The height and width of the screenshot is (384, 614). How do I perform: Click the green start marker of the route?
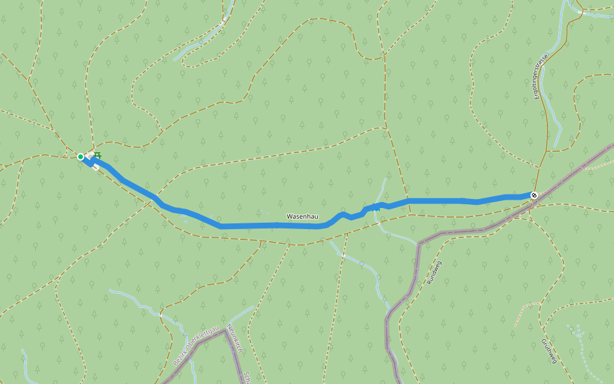(81, 156)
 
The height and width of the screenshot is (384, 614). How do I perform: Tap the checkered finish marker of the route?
(534, 195)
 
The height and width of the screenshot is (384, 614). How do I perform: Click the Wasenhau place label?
(303, 217)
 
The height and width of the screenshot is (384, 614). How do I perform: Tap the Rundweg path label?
(434, 273)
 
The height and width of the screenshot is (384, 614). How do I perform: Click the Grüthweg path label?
(549, 351)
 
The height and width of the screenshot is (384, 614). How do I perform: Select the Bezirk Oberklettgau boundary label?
(196, 346)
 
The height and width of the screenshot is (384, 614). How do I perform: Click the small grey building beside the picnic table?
(96, 168)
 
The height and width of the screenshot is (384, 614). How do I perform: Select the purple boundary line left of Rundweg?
(416, 269)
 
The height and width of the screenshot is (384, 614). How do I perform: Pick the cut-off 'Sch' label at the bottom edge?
(246, 377)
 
